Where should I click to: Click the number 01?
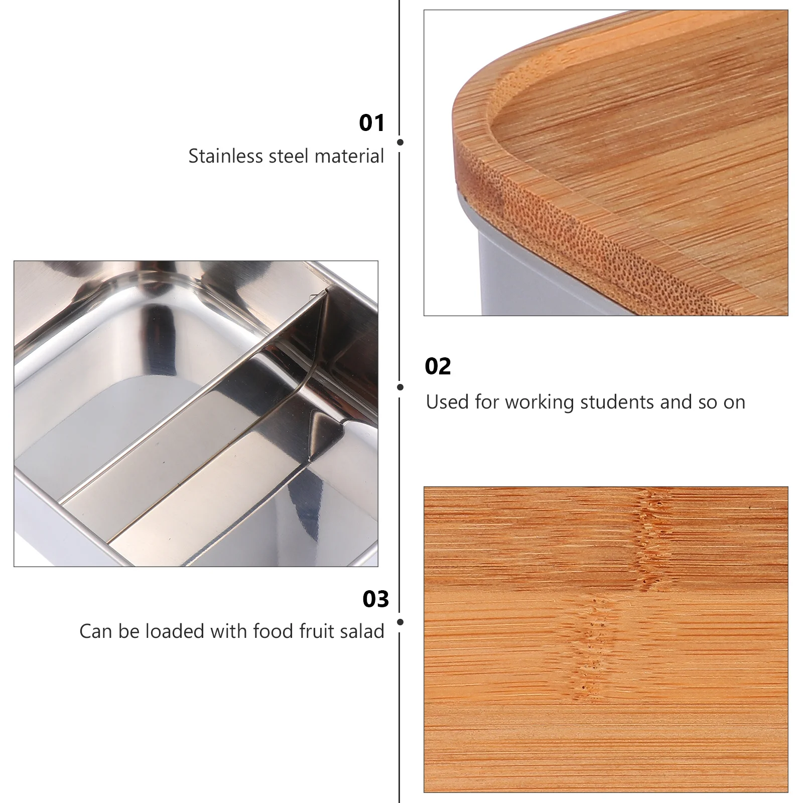click(x=371, y=123)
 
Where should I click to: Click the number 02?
click(x=438, y=367)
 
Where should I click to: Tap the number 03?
click(x=375, y=600)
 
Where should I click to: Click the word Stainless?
click(x=226, y=156)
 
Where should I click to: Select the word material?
click(x=349, y=156)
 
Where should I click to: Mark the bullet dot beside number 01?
click(x=400, y=143)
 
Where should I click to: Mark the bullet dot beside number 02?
click(x=400, y=387)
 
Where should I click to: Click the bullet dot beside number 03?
click(x=400, y=622)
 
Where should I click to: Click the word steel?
click(x=289, y=156)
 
